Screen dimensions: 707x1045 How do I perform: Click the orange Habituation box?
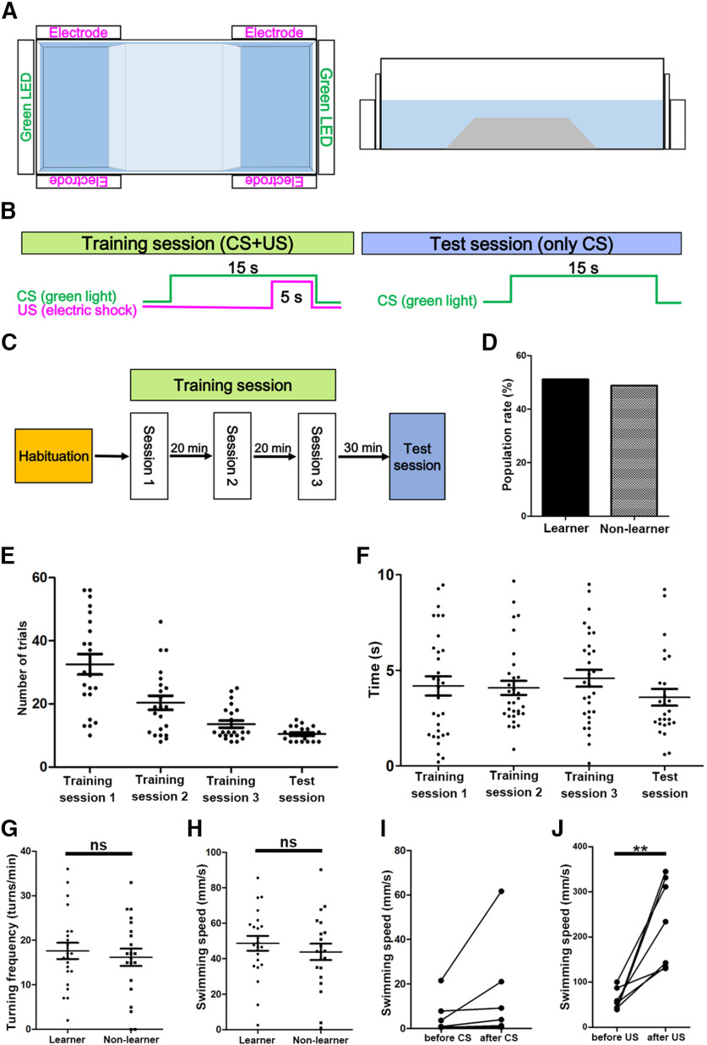[53, 456]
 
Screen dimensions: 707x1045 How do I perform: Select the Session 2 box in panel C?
[232, 456]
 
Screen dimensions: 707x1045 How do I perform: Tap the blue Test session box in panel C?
[417, 456]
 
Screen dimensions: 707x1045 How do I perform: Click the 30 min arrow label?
[363, 448]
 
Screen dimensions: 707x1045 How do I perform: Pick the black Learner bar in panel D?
[565, 448]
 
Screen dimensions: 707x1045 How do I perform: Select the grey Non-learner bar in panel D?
[634, 450]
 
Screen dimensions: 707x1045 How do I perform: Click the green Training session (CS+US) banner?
[188, 243]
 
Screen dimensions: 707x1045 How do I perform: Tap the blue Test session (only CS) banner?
[521, 243]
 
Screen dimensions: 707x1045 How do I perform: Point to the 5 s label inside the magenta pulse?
[291, 297]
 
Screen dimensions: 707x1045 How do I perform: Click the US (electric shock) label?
[77, 310]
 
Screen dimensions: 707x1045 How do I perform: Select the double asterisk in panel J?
[639, 849]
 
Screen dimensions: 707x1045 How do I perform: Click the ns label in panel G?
[98, 845]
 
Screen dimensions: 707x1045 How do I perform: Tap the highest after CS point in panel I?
[502, 891]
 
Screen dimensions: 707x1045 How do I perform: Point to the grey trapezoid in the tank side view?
[521, 133]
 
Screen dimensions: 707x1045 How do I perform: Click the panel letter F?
[363, 556]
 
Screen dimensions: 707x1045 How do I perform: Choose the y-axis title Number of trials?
[22, 668]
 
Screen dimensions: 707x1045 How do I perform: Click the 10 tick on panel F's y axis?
[386, 575]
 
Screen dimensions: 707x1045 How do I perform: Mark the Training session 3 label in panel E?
[231, 789]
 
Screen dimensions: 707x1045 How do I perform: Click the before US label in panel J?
[615, 1037]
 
